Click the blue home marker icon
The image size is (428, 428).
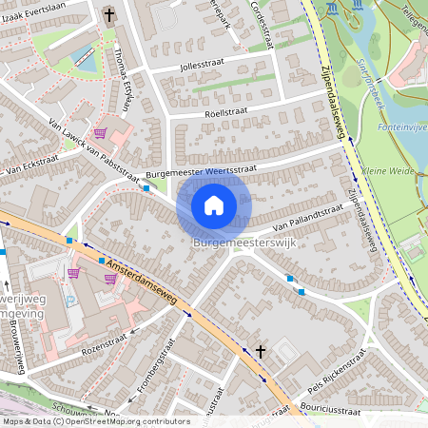[x=214, y=204]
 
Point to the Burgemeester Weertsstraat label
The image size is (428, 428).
[x=196, y=169]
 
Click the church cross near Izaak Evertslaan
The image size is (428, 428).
[x=109, y=14]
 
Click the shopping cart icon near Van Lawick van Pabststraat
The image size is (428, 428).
[x=101, y=133]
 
